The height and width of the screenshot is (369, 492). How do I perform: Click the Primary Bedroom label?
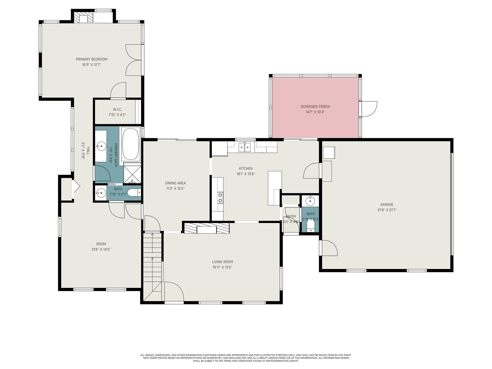point(91,59)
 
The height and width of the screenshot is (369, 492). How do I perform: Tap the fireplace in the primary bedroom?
point(81,18)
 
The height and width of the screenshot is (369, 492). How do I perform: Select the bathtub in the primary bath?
point(131,144)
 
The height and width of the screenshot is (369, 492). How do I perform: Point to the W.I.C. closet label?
point(117,110)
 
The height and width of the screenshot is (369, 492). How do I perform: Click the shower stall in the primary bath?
point(132,173)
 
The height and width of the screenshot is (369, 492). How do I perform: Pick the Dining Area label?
point(175,183)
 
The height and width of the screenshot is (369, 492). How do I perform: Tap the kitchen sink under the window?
point(244,147)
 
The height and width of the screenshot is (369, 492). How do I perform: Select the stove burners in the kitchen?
point(220,198)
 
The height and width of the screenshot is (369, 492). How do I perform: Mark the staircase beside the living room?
point(153,265)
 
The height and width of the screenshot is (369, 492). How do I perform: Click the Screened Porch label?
point(315,106)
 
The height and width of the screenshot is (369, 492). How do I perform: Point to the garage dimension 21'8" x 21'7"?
point(387,210)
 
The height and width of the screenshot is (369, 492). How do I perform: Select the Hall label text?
point(88,150)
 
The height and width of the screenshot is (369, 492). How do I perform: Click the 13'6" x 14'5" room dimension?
point(101,249)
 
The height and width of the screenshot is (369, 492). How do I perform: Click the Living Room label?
point(222,262)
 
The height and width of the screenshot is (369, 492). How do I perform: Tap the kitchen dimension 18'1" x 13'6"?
point(246,174)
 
